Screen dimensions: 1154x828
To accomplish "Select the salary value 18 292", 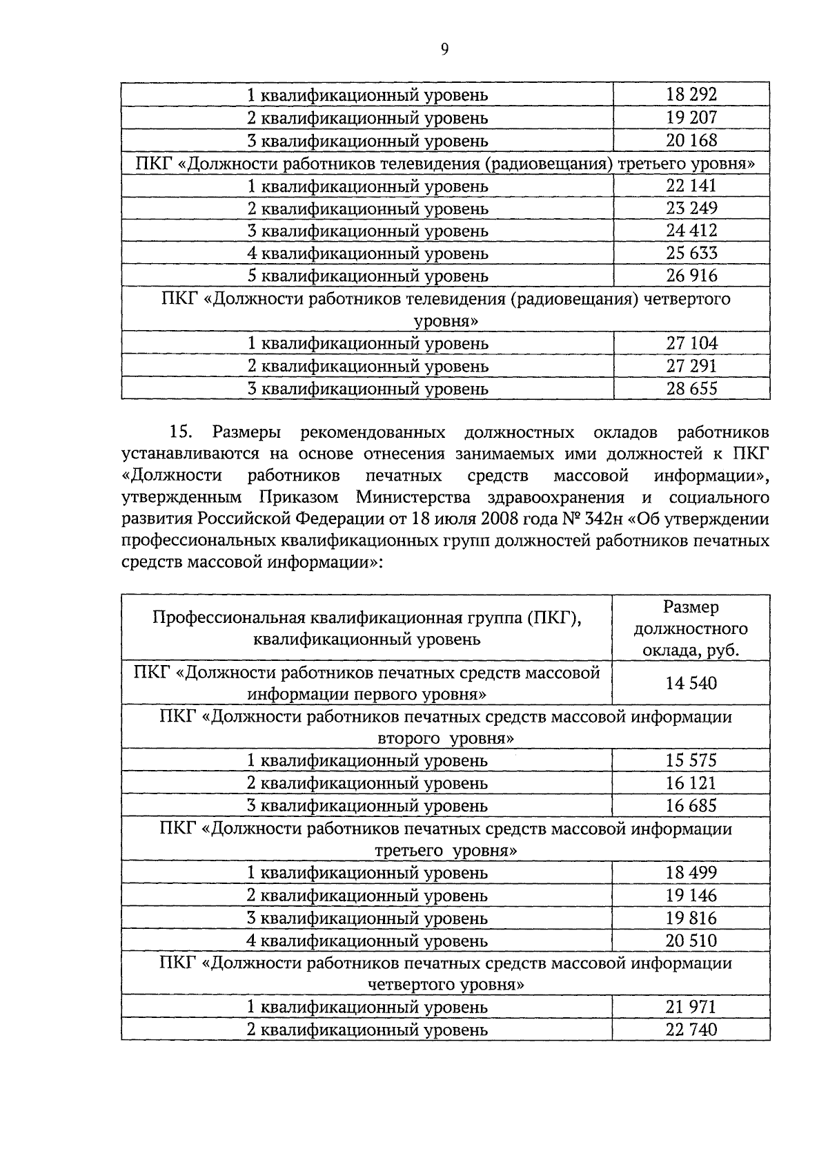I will tap(691, 95).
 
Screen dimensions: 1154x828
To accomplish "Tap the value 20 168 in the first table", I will tap(691, 140).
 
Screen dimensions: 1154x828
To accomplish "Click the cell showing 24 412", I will tap(691, 231).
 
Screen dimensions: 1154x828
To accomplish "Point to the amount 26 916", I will tap(691, 276).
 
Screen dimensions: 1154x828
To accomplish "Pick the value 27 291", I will tap(691, 366).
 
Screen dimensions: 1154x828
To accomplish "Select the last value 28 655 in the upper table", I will tap(691, 388).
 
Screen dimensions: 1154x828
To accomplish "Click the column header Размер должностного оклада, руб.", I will tap(691, 628).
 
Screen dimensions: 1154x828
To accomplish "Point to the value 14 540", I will tap(691, 684).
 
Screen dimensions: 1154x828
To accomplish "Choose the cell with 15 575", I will tap(691, 760).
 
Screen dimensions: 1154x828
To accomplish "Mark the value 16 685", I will tap(691, 805).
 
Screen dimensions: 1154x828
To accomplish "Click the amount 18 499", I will tap(691, 873).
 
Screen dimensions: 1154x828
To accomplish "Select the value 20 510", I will tap(691, 941).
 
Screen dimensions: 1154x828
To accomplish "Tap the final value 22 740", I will tap(691, 1030).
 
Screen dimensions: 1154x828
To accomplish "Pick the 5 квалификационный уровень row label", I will tap(368, 276).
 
